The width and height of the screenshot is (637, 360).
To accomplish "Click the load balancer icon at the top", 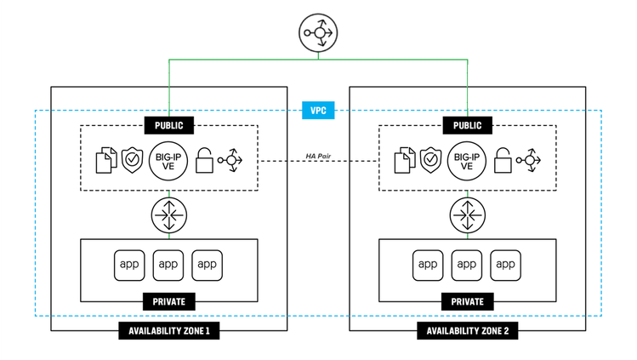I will pyautogui.click(x=319, y=34).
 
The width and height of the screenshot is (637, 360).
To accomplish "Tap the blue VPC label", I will pyautogui.click(x=319, y=111).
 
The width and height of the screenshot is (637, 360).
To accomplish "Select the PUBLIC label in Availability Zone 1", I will pyautogui.click(x=168, y=125).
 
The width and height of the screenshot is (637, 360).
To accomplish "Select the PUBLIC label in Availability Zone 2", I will pyautogui.click(x=467, y=125).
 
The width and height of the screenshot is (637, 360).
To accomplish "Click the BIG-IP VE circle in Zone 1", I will pyautogui.click(x=168, y=161).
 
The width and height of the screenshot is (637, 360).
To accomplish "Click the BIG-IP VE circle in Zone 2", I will pyautogui.click(x=467, y=161).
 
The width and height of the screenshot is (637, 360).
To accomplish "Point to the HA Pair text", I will pyautogui.click(x=319, y=156).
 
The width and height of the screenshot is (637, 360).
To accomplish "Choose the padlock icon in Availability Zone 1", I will pyautogui.click(x=204, y=162).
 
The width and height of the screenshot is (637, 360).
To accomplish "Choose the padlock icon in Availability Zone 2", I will pyautogui.click(x=503, y=162).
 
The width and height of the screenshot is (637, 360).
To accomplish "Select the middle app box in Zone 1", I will pyautogui.click(x=168, y=264).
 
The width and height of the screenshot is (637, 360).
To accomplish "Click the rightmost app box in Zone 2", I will pyautogui.click(x=506, y=264).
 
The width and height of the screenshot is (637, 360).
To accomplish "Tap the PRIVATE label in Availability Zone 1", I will pyautogui.click(x=168, y=301).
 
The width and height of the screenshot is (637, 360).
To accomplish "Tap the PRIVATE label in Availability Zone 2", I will pyautogui.click(x=467, y=301).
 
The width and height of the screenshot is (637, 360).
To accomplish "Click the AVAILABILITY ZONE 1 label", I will pyautogui.click(x=168, y=331).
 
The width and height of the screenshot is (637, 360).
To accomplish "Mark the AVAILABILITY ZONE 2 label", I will pyautogui.click(x=467, y=331).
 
